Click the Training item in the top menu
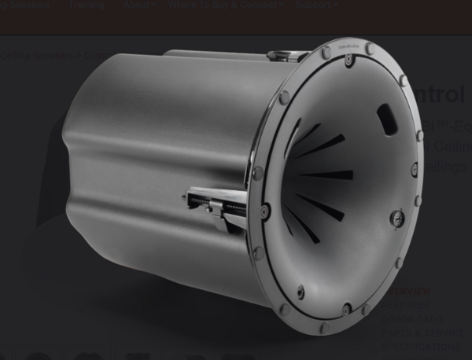[x=86, y=5]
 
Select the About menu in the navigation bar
[x=138, y=5]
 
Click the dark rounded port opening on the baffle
[x=386, y=119]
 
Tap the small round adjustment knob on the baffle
[x=397, y=218]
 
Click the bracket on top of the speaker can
[x=288, y=56]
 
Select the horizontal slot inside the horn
[x=326, y=174]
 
